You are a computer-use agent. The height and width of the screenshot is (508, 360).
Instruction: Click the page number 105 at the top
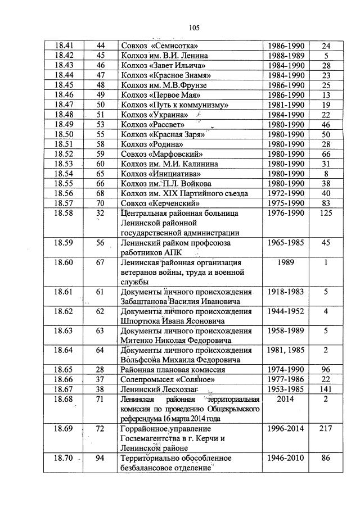coord(194,27)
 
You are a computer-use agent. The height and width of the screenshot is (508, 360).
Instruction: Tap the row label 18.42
coord(63,56)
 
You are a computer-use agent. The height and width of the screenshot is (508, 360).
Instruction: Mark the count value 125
coord(326,214)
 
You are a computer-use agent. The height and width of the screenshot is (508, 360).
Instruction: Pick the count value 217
coord(326,429)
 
